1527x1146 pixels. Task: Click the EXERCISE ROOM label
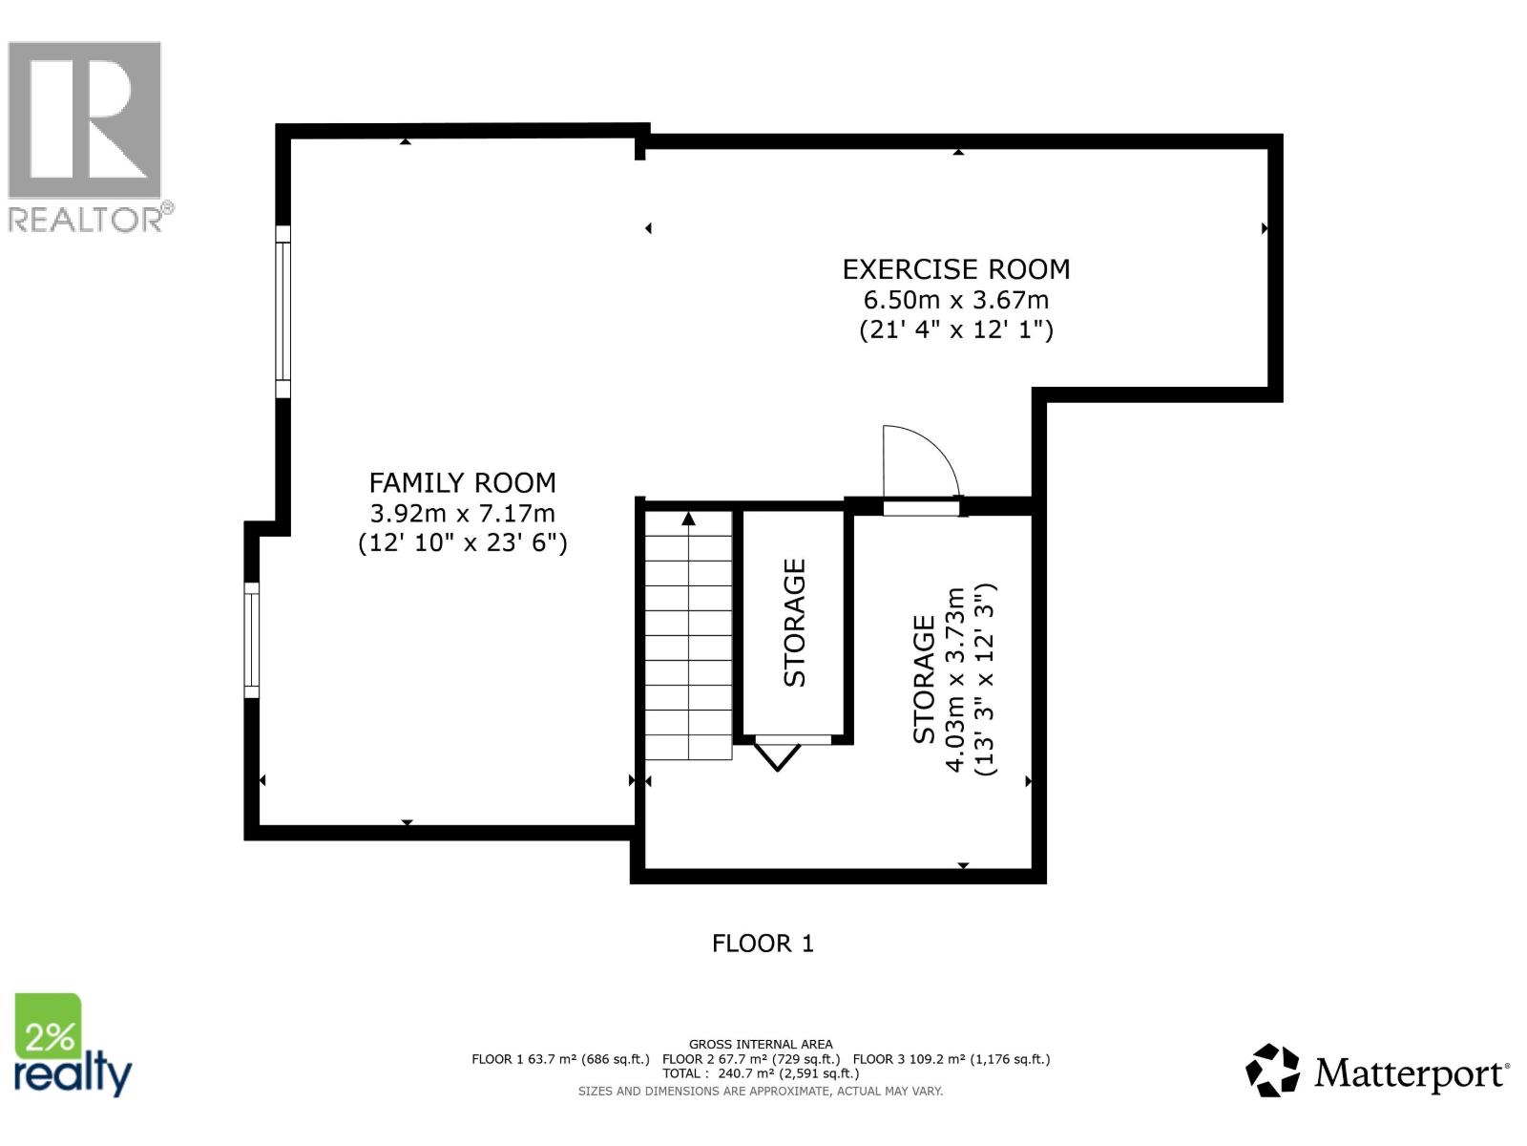click(x=955, y=269)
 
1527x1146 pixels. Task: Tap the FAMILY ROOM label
click(x=462, y=482)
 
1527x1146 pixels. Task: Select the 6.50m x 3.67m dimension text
click(x=955, y=300)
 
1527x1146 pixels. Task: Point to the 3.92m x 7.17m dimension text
click(x=462, y=513)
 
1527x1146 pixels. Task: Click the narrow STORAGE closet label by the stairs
click(x=794, y=623)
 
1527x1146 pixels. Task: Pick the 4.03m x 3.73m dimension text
click(x=955, y=680)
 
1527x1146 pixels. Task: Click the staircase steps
click(x=688, y=649)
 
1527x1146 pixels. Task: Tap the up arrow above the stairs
click(x=688, y=519)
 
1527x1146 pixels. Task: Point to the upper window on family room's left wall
click(x=282, y=311)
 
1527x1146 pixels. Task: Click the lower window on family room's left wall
click(x=252, y=639)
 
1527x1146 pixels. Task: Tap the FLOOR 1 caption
click(x=763, y=944)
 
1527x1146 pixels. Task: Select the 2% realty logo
click(x=73, y=1047)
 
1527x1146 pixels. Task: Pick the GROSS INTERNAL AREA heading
click(x=761, y=1045)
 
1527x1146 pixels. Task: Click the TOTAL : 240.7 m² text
click(x=761, y=1073)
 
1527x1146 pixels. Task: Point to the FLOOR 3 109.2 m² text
click(x=951, y=1059)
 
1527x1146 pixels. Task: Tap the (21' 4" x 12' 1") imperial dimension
click(x=955, y=330)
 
